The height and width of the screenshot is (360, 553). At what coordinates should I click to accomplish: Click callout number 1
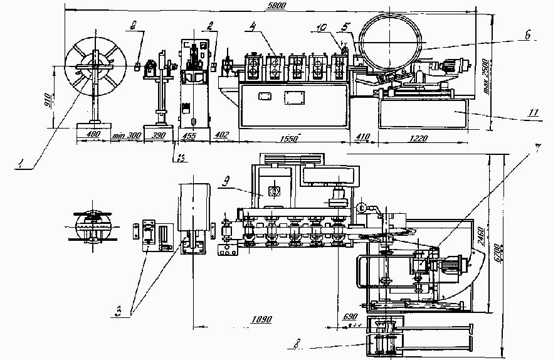[21, 164]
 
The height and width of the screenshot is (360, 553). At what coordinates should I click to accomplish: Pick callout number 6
[528, 38]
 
